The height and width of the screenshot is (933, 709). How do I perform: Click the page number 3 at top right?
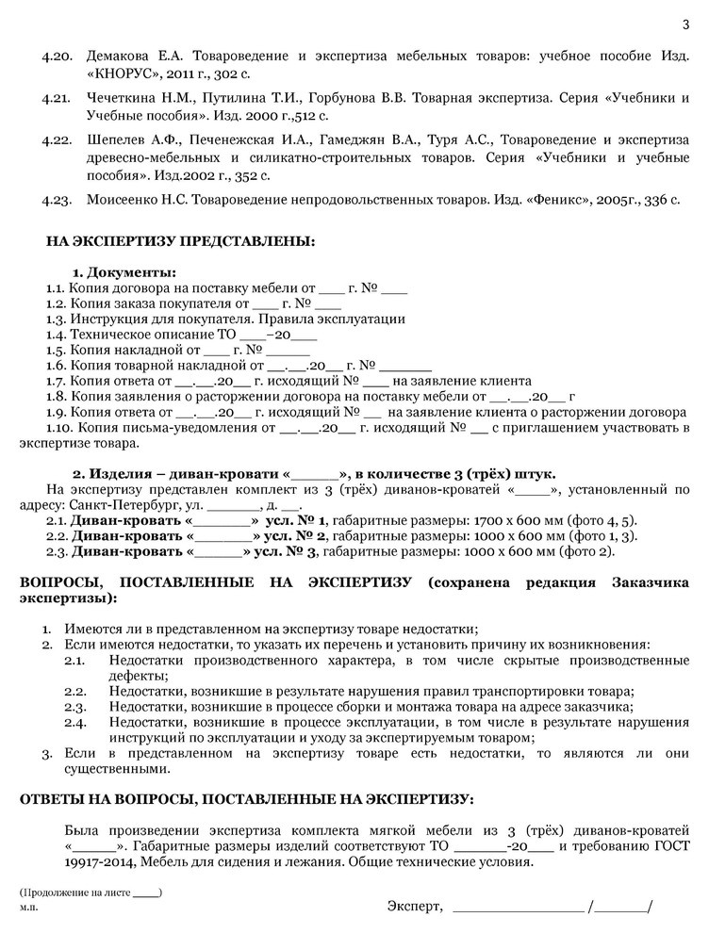(x=685, y=25)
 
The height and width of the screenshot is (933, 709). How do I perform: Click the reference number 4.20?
(x=58, y=57)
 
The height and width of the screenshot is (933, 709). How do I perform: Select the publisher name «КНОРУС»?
(x=118, y=74)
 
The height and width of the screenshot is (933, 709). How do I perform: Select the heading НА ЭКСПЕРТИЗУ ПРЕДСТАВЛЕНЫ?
(x=181, y=241)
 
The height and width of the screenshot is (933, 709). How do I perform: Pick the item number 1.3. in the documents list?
(x=57, y=319)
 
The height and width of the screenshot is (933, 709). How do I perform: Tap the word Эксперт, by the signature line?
(x=414, y=907)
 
